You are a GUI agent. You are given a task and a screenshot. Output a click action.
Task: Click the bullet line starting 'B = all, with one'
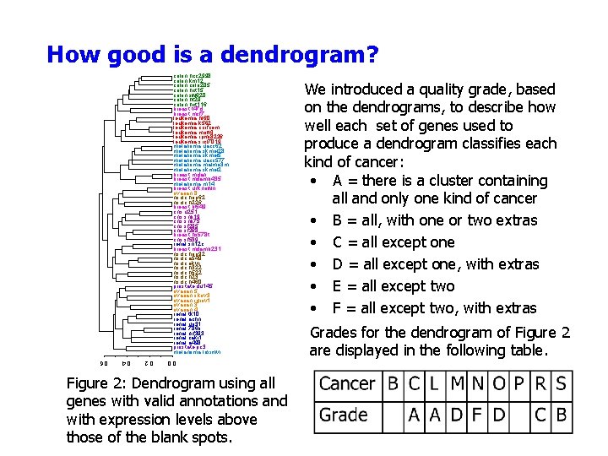(436, 220)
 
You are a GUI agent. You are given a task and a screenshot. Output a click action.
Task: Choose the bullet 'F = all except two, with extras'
(436, 308)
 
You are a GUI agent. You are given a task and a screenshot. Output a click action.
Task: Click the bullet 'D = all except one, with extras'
(436, 264)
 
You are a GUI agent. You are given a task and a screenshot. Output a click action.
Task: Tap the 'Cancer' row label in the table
(347, 384)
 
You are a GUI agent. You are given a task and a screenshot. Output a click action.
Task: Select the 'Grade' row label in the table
(344, 415)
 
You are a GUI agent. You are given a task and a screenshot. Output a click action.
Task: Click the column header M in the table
(457, 384)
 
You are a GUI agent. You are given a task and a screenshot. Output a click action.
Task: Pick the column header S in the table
(561, 384)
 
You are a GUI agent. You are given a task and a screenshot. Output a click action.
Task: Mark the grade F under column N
(478, 415)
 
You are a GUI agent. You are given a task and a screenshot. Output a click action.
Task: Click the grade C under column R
(540, 415)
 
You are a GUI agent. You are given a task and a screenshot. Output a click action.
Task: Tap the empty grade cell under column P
(519, 415)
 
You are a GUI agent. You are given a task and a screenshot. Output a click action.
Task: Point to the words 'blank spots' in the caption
(184, 437)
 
